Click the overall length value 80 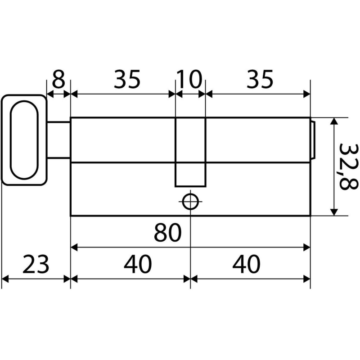[167, 233]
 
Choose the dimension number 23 [36, 264]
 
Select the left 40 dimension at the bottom [138, 264]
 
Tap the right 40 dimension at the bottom [246, 264]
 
